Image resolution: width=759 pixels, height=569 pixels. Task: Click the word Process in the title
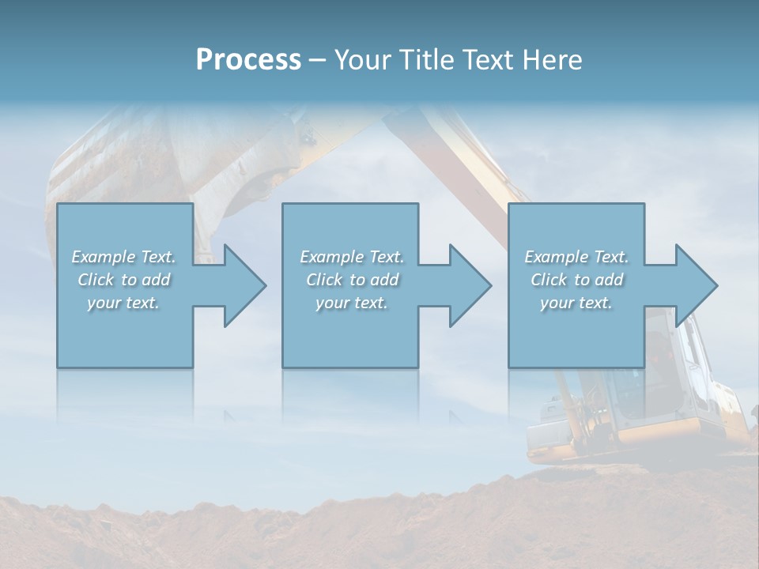tap(248, 59)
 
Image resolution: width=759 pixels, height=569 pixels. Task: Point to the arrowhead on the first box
tap(240, 285)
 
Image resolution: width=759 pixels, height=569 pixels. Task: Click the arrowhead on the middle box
tap(466, 285)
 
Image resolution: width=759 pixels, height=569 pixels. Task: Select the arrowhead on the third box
tap(693, 285)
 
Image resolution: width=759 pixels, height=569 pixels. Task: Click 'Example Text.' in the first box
tap(123, 256)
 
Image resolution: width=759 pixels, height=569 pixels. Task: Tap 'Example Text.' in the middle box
tap(352, 256)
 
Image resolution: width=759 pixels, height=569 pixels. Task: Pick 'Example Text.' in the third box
tap(576, 256)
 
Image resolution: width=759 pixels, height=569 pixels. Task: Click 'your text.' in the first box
tap(123, 303)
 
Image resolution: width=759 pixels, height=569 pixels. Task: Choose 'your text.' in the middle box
tap(352, 303)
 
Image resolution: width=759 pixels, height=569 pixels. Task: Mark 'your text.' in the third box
tap(576, 303)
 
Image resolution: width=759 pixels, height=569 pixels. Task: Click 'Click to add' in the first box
tap(123, 280)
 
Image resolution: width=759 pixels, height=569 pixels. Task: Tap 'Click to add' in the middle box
tap(352, 280)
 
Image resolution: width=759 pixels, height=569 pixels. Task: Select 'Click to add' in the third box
tap(576, 280)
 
